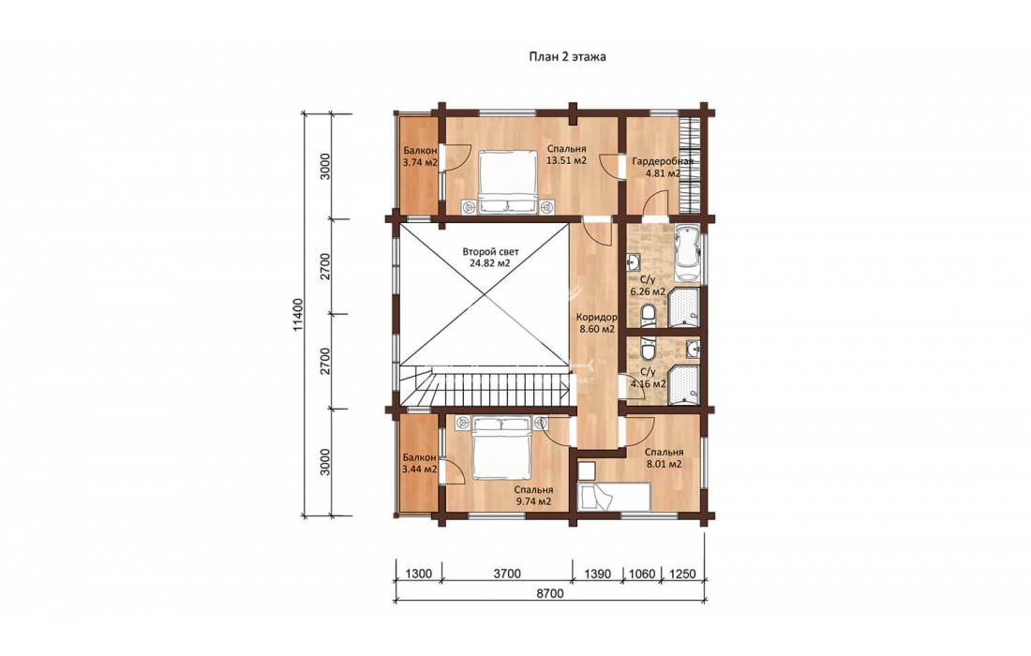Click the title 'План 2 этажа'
(568, 56)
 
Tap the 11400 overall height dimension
(299, 314)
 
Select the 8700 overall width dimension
(550, 593)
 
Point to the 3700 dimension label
(506, 574)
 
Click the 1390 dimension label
(598, 574)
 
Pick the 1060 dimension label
(642, 574)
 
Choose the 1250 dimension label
(681, 574)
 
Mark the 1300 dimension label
(418, 574)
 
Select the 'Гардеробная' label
(662, 162)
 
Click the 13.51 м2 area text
(566, 159)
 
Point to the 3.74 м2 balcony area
(420, 162)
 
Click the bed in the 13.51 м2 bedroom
(506, 182)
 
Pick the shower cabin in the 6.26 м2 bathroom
(684, 307)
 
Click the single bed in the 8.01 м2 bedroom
(614, 495)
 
